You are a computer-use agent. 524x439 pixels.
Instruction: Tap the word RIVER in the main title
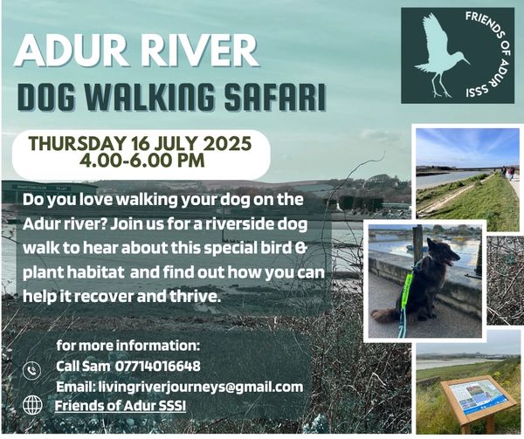point(200,51)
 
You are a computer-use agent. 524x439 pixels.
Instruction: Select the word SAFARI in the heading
point(275,97)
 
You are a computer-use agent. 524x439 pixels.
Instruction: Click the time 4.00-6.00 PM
point(141,161)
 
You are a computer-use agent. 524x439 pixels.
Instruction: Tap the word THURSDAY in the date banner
point(76,144)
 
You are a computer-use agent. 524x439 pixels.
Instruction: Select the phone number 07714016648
point(158,367)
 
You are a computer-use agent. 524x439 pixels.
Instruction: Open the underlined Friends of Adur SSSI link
point(121,406)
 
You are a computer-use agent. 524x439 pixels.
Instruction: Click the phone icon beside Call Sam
point(32,370)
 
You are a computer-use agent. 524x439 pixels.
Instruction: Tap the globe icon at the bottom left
point(32,405)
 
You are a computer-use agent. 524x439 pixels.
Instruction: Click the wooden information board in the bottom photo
point(478,399)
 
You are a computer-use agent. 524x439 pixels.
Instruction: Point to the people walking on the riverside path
point(508,173)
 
